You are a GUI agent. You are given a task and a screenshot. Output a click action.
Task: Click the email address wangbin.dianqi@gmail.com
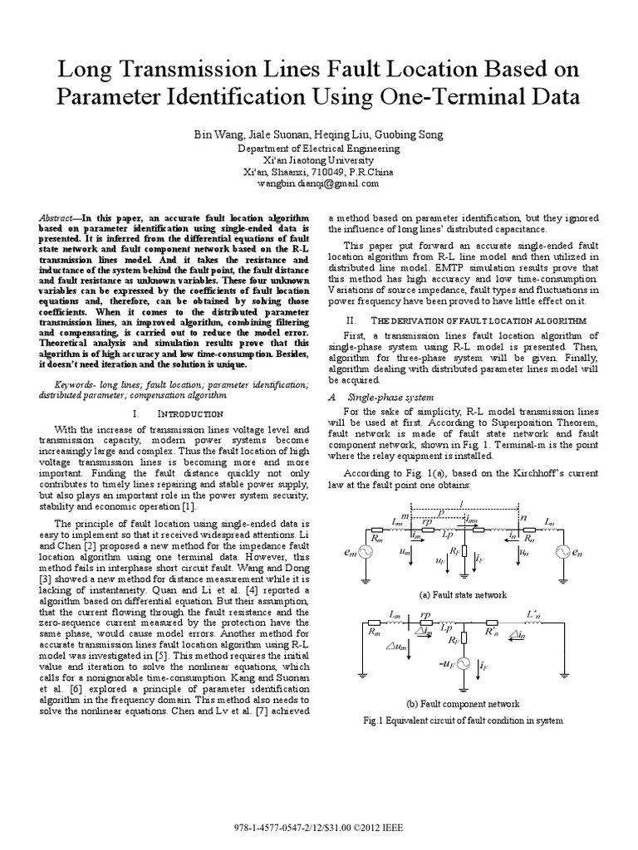click(318, 183)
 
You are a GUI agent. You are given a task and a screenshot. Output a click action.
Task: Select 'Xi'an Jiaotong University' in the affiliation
click(318, 160)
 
